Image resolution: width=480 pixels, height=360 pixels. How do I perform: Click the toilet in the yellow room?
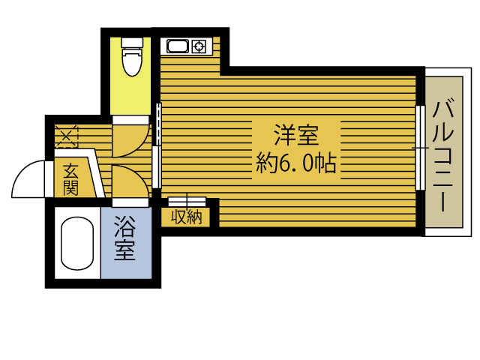[132, 61]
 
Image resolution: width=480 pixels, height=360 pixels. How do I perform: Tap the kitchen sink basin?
[178, 47]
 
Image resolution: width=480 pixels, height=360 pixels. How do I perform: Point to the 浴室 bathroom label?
[124, 238]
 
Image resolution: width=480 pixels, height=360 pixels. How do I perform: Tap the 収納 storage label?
[187, 217]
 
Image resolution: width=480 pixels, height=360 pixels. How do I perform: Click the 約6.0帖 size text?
[295, 163]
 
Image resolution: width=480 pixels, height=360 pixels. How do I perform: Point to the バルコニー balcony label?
[443, 154]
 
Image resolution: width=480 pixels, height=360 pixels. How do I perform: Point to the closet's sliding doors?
[187, 201]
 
